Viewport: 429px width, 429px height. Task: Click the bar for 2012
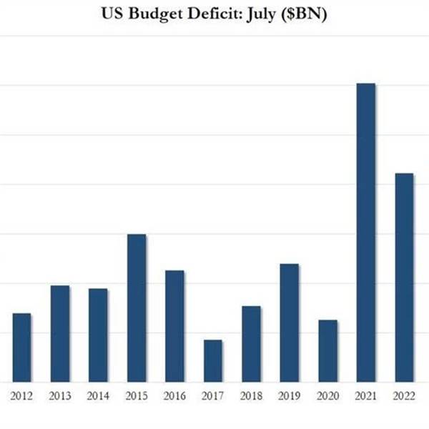[22, 347]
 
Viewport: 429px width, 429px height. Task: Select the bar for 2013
[60, 333]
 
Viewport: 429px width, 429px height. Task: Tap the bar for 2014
[98, 335]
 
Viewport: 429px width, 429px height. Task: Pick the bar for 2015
[137, 307]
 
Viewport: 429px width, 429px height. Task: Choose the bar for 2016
[174, 326]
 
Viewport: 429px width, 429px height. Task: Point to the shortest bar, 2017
[213, 360]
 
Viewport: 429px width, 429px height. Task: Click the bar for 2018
[251, 343]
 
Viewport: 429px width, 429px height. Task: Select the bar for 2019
[289, 322]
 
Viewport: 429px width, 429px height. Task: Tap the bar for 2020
[327, 350]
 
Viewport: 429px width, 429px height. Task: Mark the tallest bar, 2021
[365, 232]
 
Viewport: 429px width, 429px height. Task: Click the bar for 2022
[404, 277]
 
